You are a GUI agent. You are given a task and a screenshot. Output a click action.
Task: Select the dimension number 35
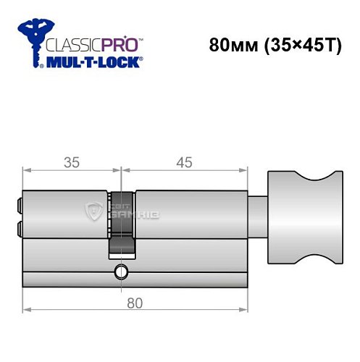pos(70,162)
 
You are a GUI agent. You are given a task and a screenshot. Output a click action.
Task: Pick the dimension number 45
pos(184,162)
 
